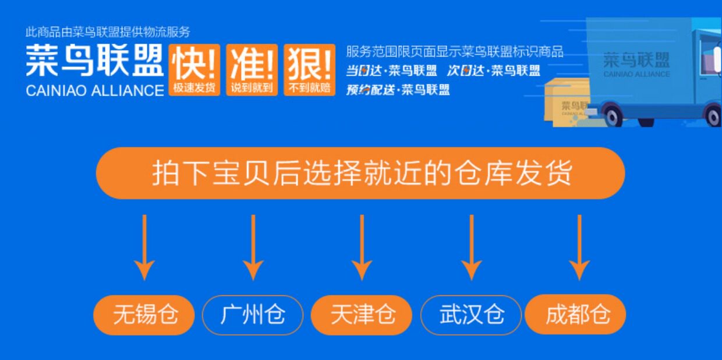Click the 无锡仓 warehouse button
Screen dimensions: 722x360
pos(144,315)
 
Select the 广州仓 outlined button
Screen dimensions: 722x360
pos(253,315)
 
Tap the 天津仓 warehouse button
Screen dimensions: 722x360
pos(362,315)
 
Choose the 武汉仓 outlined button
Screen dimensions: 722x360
pos(471,315)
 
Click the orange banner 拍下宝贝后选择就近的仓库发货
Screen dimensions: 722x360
pos(360,173)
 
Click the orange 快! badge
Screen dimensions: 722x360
pos(194,69)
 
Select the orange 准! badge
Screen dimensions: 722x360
pos(252,69)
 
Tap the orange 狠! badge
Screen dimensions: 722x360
pos(310,69)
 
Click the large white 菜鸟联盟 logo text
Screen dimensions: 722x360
pos(94,61)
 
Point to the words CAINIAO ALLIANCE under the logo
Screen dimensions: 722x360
pos(95,90)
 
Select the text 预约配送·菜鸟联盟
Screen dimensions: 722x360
pos(398,90)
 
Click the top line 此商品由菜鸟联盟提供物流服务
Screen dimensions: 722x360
pos(108,33)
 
